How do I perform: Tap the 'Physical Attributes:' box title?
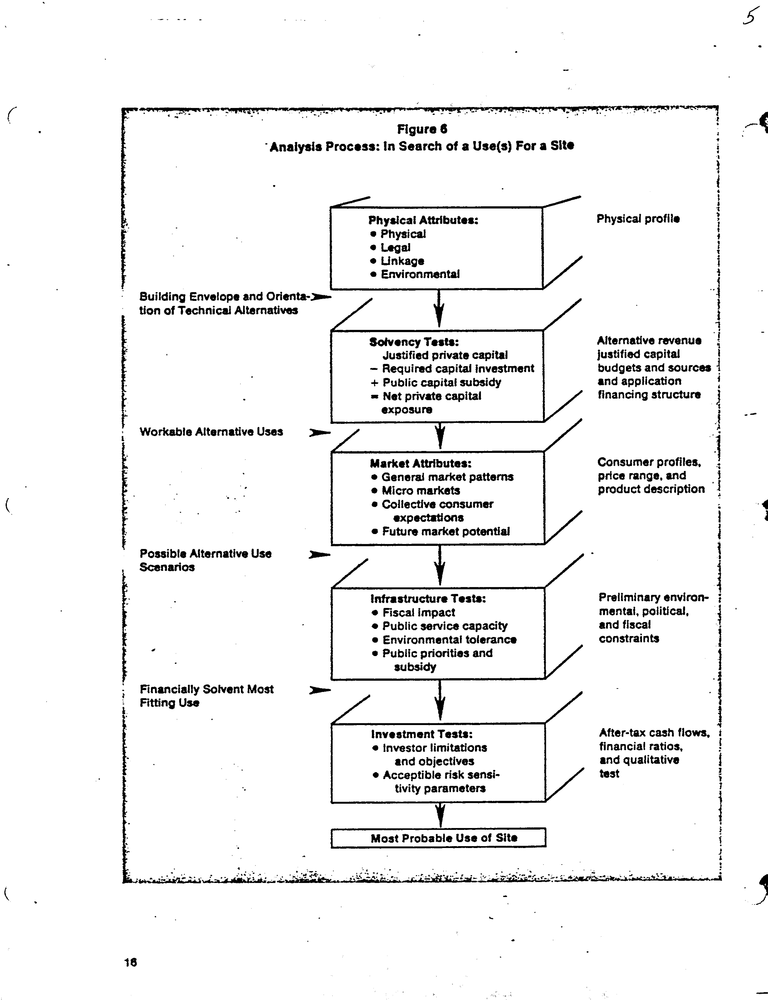423,220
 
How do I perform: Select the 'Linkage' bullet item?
402,261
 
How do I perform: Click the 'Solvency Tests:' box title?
414,342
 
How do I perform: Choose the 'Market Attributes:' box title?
420,463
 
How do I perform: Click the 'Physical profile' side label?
638,219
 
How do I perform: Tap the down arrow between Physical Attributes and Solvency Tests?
439,310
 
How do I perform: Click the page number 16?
130,963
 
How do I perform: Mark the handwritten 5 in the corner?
749,17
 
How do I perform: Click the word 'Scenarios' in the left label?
167,567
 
